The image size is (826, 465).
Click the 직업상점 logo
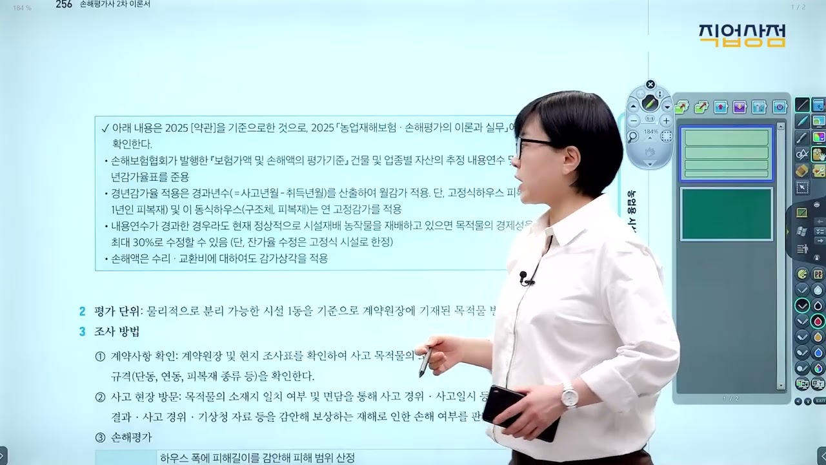pos(741,36)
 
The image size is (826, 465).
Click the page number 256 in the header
pos(63,5)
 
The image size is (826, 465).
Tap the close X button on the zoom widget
pos(650,85)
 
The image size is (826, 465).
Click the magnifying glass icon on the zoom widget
pos(633,136)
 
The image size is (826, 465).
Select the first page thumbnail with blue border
pos(726,154)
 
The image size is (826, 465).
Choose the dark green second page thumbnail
pos(726,214)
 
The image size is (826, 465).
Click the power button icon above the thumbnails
pos(779,107)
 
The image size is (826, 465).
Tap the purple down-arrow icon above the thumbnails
pos(740,107)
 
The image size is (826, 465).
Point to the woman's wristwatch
pos(569,395)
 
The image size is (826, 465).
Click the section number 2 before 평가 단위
pos(82,312)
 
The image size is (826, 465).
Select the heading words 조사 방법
pos(117,332)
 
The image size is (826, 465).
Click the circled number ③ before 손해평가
pos(100,437)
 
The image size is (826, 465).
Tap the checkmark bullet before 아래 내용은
pos(105,128)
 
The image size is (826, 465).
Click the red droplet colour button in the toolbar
pos(818,321)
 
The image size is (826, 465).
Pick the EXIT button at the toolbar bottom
pos(820,401)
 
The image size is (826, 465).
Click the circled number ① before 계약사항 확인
pos(100,356)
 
